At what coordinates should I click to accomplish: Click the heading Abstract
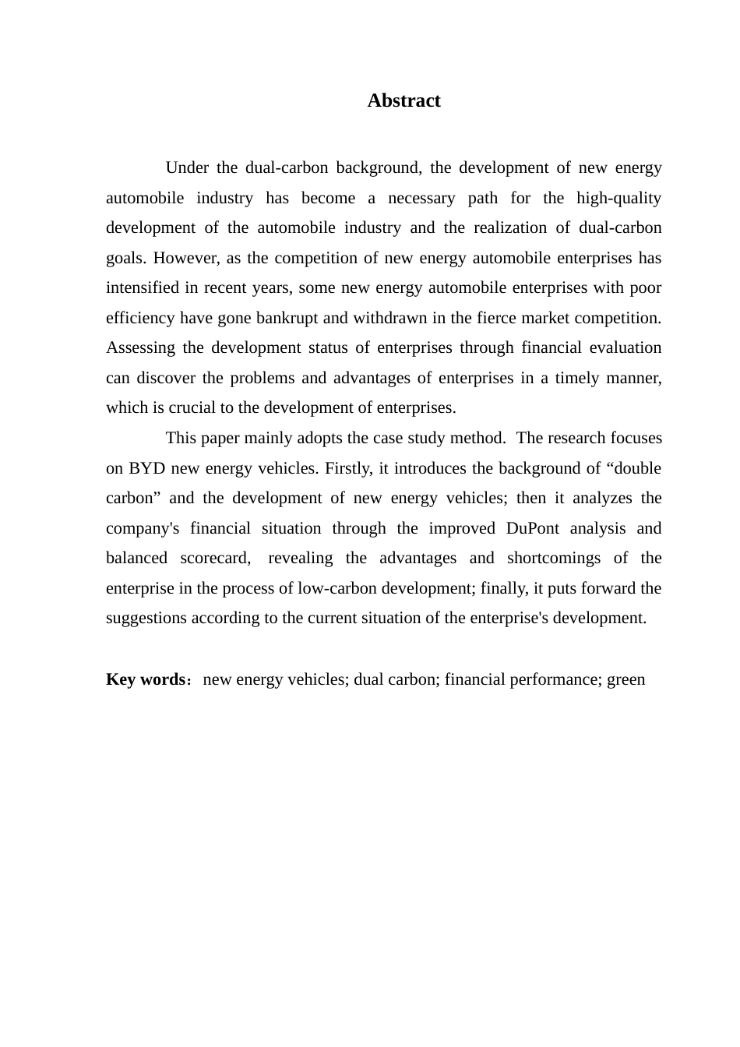pos(403,100)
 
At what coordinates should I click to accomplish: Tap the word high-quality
pos(618,198)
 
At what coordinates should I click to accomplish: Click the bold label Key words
pos(146,679)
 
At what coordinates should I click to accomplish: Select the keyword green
pos(626,679)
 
